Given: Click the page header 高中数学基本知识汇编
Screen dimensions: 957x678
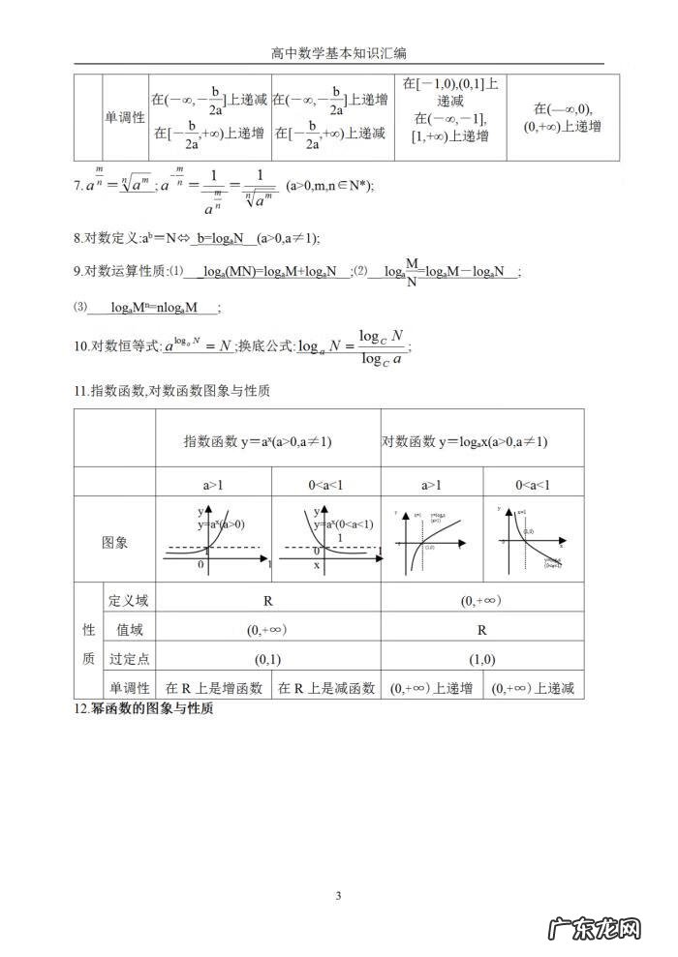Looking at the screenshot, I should [339, 54].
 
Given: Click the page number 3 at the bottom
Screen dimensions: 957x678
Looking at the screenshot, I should [338, 895].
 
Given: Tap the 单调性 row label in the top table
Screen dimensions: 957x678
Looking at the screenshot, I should [125, 117].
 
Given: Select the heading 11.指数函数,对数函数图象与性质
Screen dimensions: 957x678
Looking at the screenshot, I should [171, 391].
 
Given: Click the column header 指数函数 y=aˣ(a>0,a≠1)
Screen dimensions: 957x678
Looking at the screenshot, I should [258, 441].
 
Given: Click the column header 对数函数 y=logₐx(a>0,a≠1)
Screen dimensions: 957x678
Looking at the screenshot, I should [465, 441].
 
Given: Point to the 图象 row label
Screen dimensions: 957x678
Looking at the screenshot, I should [115, 543].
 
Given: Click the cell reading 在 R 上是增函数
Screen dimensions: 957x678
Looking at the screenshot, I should [214, 688].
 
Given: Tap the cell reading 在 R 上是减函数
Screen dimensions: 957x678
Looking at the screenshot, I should [326, 688].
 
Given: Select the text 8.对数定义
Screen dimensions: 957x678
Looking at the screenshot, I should [106, 238].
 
